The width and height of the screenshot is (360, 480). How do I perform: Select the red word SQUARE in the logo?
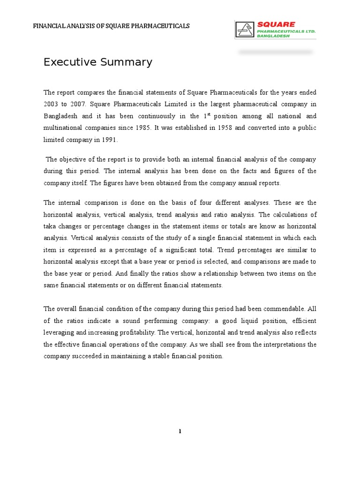click(276, 24)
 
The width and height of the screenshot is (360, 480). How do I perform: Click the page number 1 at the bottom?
click(180, 432)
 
